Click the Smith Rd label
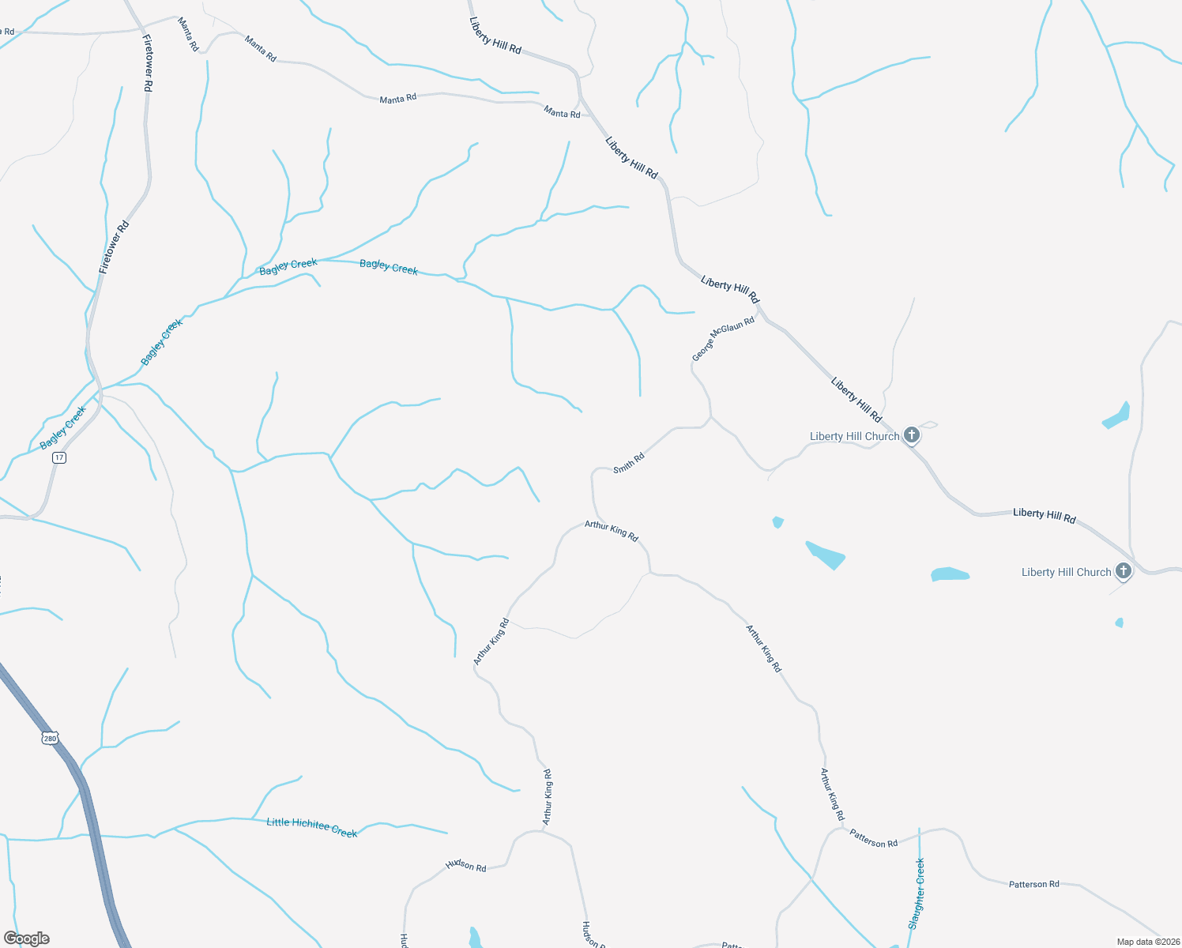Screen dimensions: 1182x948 coord(629,463)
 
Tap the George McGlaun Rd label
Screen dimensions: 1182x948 coord(723,339)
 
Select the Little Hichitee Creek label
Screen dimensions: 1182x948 coord(312,827)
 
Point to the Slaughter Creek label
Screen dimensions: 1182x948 coord(917,893)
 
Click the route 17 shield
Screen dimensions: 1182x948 coord(59,458)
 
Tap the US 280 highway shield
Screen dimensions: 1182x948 coord(50,739)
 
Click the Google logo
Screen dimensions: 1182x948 coord(26,939)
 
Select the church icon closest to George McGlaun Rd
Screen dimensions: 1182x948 coord(912,435)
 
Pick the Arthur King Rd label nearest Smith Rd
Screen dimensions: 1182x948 coord(611,530)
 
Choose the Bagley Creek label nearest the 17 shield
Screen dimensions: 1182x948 coord(62,429)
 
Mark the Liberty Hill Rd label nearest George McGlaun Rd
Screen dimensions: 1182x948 coord(729,289)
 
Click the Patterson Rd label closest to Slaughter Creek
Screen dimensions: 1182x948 coord(873,838)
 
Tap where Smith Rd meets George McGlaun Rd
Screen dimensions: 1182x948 coord(710,417)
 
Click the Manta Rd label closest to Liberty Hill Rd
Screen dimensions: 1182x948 coord(562,114)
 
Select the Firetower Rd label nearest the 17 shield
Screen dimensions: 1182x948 coord(114,247)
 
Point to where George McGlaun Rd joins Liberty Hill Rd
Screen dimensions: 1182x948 coord(759,311)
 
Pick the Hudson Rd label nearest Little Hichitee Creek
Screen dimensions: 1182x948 coord(465,865)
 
